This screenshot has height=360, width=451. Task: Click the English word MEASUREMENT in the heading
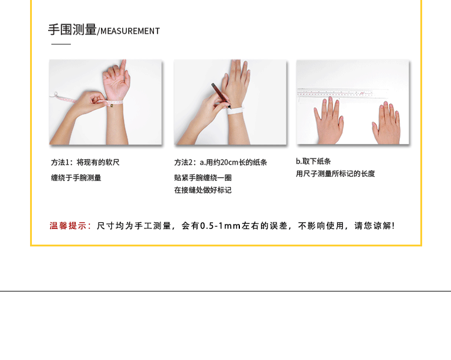[x=130, y=31]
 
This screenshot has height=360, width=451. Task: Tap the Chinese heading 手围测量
[x=72, y=29]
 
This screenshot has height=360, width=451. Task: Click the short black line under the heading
[x=61, y=44]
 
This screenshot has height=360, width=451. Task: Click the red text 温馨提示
[x=67, y=226]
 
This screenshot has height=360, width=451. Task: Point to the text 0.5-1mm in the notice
[x=220, y=226]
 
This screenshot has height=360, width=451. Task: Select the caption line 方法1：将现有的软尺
[x=85, y=162]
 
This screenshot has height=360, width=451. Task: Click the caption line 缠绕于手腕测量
[x=76, y=178]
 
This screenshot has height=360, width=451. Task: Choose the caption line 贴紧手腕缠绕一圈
[x=203, y=178]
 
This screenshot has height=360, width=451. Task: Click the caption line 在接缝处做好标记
[x=203, y=190]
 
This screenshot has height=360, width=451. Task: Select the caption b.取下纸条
[x=313, y=161]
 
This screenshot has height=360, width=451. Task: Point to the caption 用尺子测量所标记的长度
[x=336, y=174]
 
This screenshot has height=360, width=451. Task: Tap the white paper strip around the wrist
[x=235, y=111]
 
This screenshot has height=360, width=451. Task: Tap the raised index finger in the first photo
[x=123, y=67]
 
